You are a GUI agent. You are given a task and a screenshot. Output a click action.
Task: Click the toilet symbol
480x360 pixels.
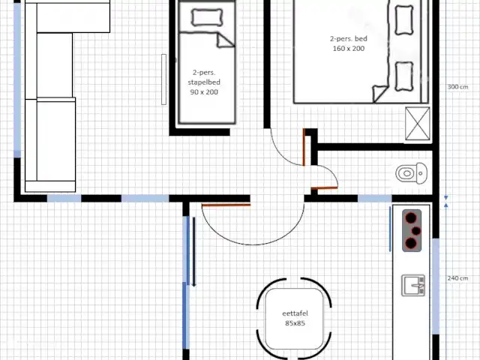point(411,173)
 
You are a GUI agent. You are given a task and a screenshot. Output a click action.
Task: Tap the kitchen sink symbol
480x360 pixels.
point(413,285)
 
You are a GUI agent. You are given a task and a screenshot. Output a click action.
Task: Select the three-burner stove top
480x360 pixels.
point(412,230)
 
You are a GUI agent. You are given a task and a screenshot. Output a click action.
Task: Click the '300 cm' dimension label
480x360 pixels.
point(457,87)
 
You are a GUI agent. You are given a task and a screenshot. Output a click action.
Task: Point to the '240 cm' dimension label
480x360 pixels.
point(457,278)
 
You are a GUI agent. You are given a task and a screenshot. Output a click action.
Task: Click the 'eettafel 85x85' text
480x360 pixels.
point(295,318)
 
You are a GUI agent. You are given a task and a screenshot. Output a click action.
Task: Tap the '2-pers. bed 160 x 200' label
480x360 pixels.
point(348,43)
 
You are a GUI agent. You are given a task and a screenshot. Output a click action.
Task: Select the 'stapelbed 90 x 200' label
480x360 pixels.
point(204,87)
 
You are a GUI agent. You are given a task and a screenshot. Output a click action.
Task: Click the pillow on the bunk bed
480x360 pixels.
point(207,17)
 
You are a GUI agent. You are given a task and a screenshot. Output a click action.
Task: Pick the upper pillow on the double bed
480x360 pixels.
point(404,19)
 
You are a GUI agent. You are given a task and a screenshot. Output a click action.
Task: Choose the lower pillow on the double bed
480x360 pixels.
point(404,76)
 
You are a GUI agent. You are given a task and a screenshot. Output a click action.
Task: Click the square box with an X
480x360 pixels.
point(417,123)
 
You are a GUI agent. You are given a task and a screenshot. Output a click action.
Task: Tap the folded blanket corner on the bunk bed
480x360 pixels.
point(226,40)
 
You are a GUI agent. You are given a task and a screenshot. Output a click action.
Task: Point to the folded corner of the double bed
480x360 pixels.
point(380,93)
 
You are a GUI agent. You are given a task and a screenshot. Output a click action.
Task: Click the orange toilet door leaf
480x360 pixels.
point(325,188)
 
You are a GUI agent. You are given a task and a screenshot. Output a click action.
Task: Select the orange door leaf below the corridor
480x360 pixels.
point(226,205)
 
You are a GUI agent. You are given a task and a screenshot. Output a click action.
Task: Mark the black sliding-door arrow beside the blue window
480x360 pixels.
point(193,252)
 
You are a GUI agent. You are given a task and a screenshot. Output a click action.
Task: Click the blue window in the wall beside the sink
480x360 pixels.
point(436,286)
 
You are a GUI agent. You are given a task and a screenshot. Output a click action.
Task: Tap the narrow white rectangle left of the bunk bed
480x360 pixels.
point(163,79)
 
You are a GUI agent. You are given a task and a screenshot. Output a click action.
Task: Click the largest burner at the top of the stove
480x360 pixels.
point(411,218)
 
